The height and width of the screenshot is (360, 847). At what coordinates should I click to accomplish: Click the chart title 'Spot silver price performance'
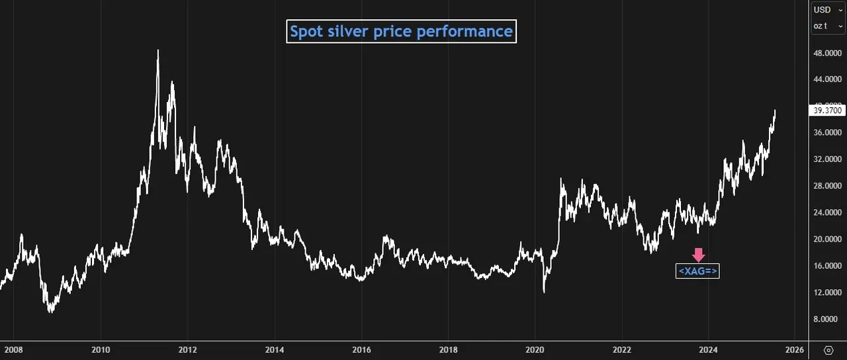point(401,31)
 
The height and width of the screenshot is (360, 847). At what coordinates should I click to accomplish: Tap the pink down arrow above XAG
point(699,255)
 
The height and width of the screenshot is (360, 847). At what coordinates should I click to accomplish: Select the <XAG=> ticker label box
point(697,271)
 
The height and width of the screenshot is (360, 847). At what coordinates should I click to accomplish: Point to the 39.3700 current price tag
point(827,111)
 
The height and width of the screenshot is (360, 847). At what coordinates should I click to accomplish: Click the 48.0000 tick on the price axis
point(827,52)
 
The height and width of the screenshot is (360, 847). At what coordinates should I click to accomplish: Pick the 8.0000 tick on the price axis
point(827,319)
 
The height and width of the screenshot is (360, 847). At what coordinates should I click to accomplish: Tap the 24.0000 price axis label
point(827,212)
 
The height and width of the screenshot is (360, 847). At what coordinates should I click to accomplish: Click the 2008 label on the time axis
point(13,350)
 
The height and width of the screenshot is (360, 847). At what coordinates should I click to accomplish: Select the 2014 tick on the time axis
point(275,350)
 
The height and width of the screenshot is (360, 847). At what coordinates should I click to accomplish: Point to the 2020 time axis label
point(535,350)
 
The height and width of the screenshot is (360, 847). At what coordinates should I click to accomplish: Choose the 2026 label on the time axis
point(795,350)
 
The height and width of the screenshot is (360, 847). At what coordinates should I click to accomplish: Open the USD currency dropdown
point(828,10)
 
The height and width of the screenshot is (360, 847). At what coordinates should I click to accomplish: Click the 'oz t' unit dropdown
point(828,26)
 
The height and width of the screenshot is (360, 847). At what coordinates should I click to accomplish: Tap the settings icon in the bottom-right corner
point(828,350)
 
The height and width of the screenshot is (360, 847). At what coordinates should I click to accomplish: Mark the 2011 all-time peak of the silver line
point(157,50)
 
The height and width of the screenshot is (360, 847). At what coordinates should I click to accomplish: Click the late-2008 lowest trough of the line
point(51,312)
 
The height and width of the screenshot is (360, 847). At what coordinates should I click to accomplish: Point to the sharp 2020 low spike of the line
point(544,292)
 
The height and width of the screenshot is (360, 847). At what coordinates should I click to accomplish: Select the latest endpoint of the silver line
point(775,111)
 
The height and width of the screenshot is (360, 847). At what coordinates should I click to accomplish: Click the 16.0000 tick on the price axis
point(827,266)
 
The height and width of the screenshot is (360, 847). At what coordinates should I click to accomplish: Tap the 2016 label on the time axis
point(361,350)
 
